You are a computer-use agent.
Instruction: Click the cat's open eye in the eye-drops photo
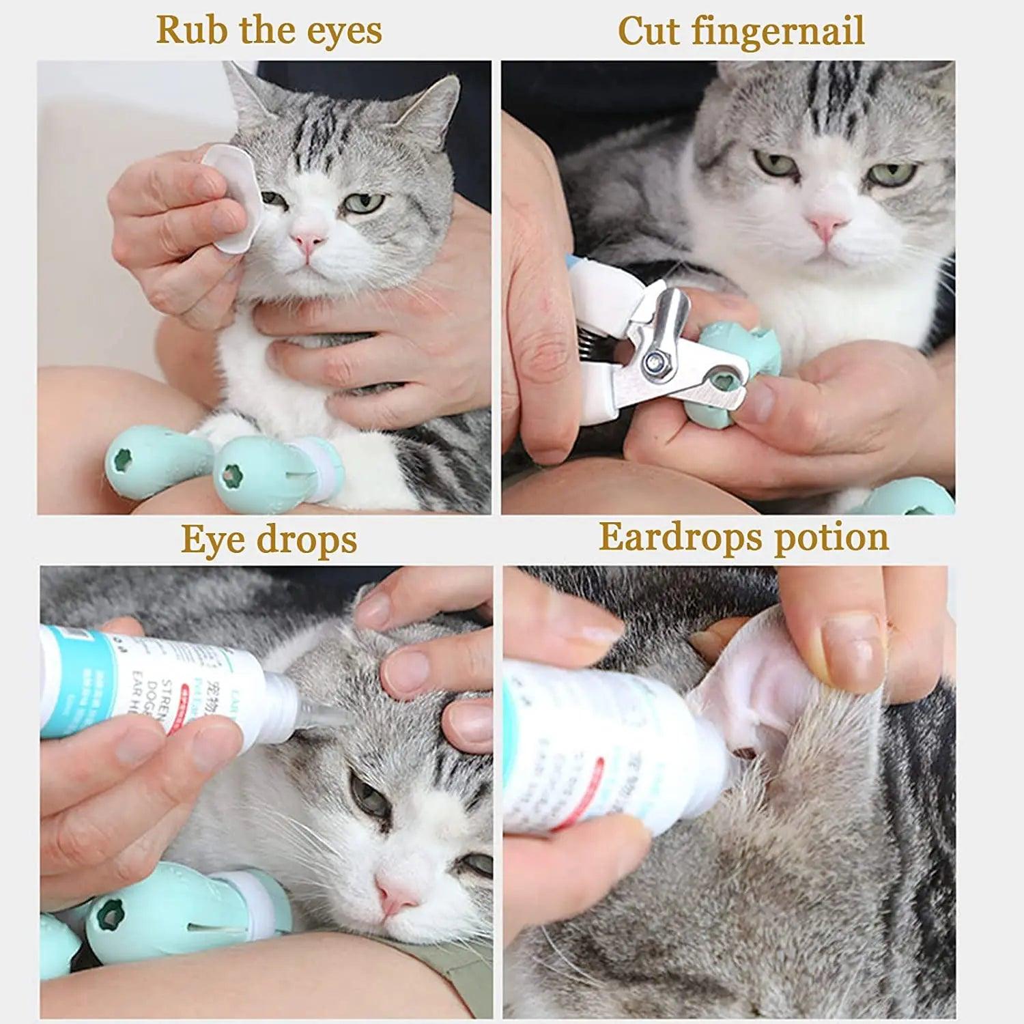tap(369, 795)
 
